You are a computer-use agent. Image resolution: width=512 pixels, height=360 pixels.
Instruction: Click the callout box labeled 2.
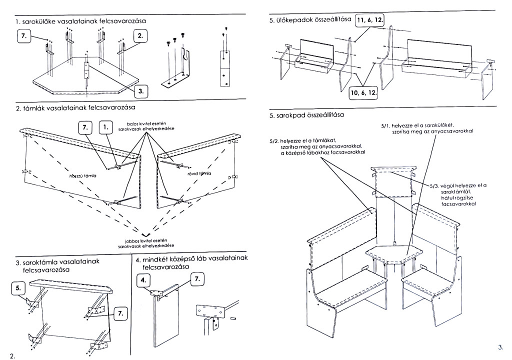(140, 36)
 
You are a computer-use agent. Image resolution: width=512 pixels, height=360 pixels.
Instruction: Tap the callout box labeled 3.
(141, 91)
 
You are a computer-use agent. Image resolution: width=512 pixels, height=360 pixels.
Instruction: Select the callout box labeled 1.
(106, 127)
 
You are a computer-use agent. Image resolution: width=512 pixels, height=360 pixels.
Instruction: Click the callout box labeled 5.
(18, 288)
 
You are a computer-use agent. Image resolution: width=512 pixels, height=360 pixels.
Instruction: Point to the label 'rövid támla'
(199, 173)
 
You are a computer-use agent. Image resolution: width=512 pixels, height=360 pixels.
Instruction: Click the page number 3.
(500, 346)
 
